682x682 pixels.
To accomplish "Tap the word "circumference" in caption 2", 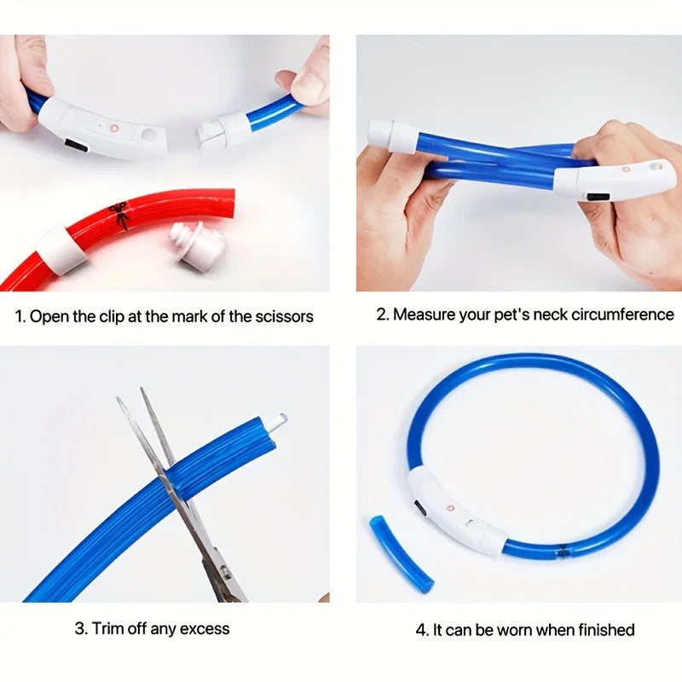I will click(620, 315).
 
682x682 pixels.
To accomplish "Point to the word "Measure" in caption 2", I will click(425, 315).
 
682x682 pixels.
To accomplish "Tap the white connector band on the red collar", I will click(61, 248).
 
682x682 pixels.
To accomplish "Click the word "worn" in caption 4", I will click(512, 630).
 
